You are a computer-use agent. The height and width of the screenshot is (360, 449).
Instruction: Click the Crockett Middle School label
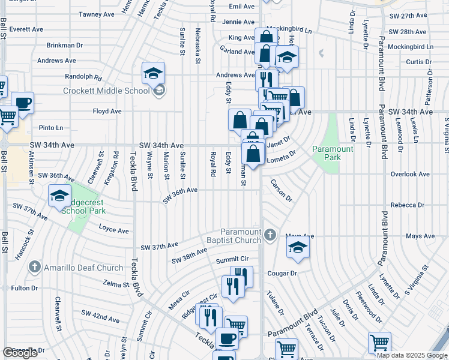click(x=106, y=91)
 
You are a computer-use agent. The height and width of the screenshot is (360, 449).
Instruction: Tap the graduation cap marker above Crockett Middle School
click(x=153, y=74)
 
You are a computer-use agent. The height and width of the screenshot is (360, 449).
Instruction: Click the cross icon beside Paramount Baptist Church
click(x=270, y=235)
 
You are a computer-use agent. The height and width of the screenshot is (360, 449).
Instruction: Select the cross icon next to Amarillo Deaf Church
click(x=35, y=267)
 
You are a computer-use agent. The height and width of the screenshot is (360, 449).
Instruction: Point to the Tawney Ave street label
click(x=96, y=14)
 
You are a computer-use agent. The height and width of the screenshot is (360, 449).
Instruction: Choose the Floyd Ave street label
click(x=107, y=111)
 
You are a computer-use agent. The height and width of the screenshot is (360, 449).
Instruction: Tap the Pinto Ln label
click(x=50, y=128)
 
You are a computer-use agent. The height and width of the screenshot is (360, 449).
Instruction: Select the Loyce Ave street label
click(x=114, y=230)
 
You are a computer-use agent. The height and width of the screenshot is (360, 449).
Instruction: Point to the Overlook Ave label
click(x=411, y=174)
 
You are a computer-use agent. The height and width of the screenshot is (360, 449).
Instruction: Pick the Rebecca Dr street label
click(x=408, y=205)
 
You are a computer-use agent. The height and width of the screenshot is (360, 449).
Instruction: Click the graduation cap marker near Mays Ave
click(x=297, y=248)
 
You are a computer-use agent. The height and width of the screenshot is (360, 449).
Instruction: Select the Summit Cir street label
click(x=232, y=260)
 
